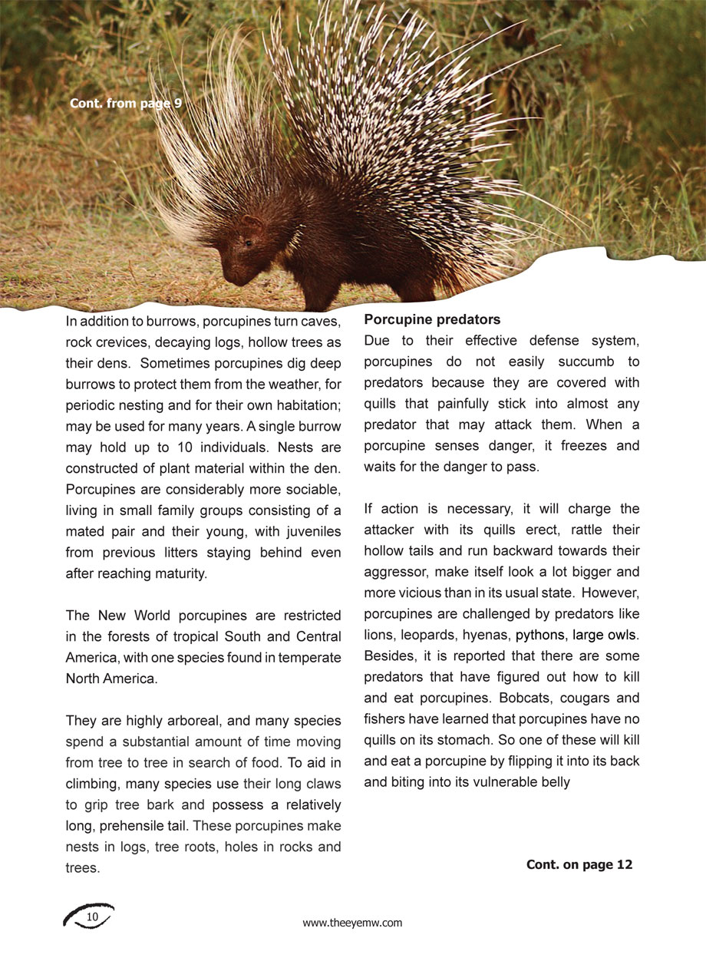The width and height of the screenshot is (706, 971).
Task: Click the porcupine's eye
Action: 249,243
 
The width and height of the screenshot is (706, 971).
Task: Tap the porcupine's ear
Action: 252,223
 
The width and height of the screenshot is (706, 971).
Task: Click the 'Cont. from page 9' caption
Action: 126,103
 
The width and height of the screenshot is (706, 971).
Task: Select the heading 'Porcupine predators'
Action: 432,319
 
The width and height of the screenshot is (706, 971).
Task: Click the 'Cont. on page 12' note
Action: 579,864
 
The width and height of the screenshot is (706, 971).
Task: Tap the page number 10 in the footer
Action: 92,917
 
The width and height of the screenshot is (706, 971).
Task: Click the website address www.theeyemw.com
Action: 352,923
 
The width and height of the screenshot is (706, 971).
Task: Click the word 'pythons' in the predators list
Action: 540,635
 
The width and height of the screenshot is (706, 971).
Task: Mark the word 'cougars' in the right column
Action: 589,699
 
